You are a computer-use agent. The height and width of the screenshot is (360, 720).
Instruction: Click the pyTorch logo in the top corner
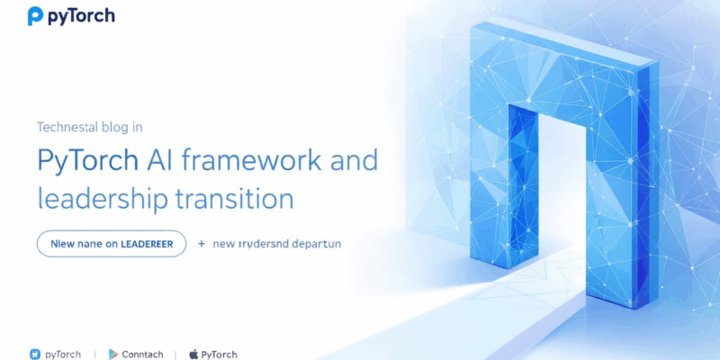tap(71, 16)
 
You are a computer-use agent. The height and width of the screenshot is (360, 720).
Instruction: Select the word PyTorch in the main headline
tap(87, 161)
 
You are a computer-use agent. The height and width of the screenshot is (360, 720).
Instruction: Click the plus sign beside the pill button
tap(202, 243)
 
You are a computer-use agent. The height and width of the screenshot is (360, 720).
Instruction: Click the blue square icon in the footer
tap(35, 354)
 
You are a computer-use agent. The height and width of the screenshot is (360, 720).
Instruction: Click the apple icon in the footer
tap(193, 354)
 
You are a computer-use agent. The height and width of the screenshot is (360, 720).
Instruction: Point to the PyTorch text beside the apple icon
tap(220, 354)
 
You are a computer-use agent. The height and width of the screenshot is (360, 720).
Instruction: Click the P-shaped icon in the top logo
tap(35, 16)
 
